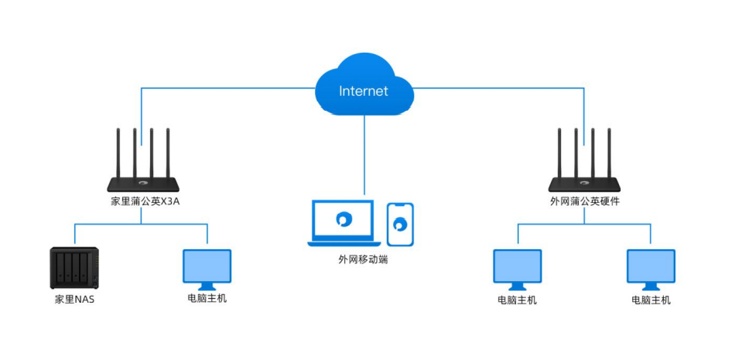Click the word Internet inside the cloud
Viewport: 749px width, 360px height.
click(x=364, y=91)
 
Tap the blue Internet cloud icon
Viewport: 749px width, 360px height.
click(x=364, y=85)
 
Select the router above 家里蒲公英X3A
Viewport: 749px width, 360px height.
click(x=142, y=160)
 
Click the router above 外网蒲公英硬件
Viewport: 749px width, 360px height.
click(x=583, y=160)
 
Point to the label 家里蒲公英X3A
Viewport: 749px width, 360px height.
click(x=142, y=201)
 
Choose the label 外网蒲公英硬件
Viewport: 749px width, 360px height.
click(x=585, y=201)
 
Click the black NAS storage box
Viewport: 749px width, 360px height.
click(x=74, y=268)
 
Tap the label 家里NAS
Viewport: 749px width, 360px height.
click(x=74, y=300)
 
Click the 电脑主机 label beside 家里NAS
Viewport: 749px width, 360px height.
click(x=207, y=299)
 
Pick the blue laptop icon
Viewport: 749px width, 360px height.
click(x=344, y=223)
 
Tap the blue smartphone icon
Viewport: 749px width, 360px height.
click(x=400, y=225)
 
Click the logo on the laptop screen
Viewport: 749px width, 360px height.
click(x=344, y=219)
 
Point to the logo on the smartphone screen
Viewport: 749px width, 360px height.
click(x=400, y=225)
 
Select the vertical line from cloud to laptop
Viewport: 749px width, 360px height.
click(x=364, y=155)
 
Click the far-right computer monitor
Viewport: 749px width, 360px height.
click(x=651, y=269)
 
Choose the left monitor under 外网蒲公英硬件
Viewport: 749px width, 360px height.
click(x=518, y=269)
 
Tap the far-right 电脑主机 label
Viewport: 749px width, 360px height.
click(x=651, y=300)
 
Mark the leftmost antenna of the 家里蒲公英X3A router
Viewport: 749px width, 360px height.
click(x=118, y=153)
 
